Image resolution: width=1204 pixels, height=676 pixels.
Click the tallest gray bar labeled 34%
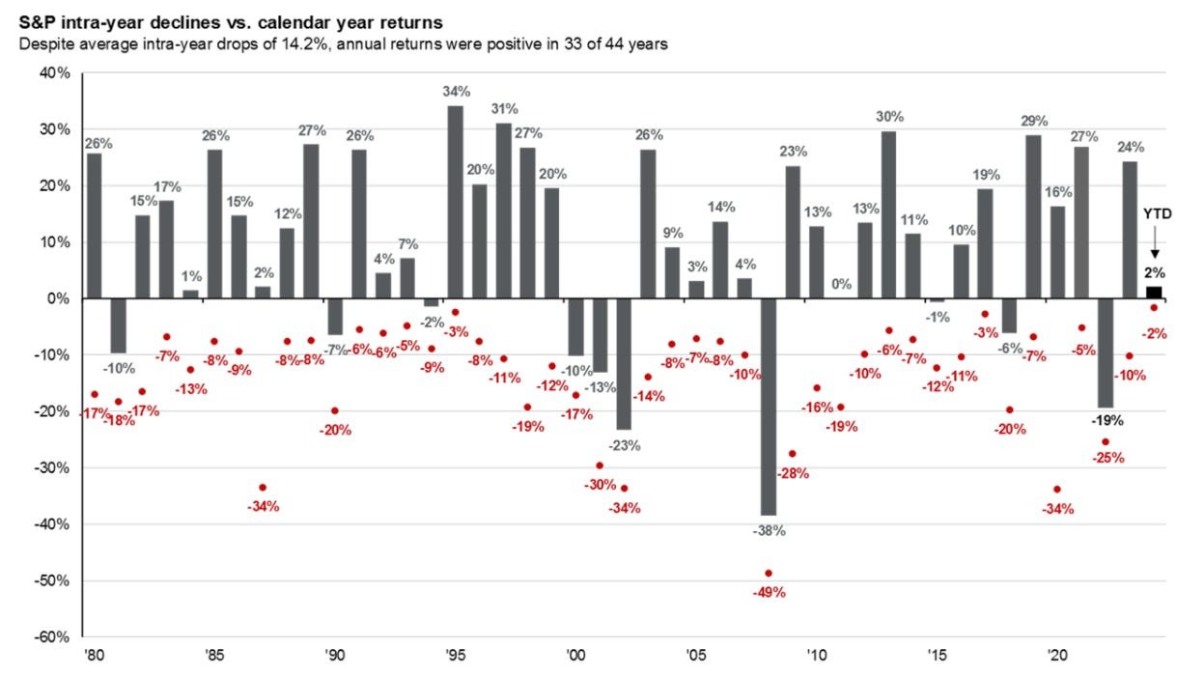(x=456, y=202)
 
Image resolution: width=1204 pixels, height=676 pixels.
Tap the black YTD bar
(x=1154, y=292)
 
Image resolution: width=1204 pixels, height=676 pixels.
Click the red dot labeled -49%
(x=769, y=574)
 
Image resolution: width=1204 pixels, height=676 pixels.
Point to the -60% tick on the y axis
(x=54, y=637)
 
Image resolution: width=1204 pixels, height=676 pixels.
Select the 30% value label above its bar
(x=889, y=117)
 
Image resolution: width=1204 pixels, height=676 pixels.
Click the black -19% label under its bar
(x=1106, y=422)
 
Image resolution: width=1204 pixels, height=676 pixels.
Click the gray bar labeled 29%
(x=1033, y=216)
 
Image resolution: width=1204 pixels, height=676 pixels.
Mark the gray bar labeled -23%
(x=625, y=363)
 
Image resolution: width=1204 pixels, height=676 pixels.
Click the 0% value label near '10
(x=842, y=285)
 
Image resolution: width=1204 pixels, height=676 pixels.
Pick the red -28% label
(x=794, y=473)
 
